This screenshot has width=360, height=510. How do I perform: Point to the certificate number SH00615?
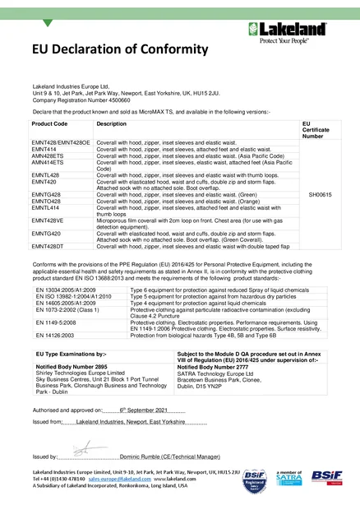pyautogui.click(x=320, y=194)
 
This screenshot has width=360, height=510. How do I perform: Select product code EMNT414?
pyautogui.click(x=45, y=150)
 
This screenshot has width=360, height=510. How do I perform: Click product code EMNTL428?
pyautogui.click(x=48, y=176)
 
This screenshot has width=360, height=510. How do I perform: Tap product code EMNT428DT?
pyautogui.click(x=48, y=247)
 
